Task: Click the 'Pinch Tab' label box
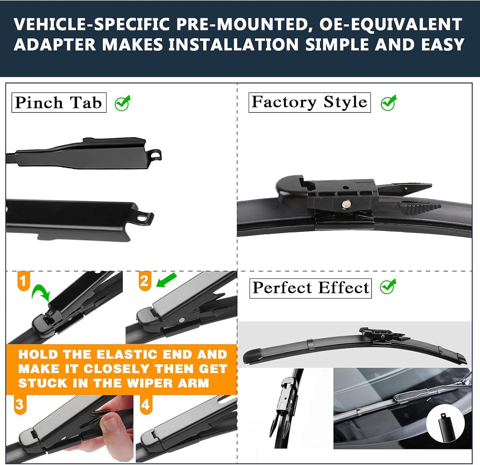pos(59,103)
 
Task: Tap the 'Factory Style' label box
pos(309,102)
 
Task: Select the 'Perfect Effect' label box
pos(310,288)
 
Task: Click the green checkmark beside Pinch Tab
pos(123,103)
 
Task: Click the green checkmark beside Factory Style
pos(388,103)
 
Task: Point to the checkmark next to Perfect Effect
pos(388,286)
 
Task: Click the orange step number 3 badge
pos(20,404)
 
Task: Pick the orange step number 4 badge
pos(146,404)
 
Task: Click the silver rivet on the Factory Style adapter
pos(346,203)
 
